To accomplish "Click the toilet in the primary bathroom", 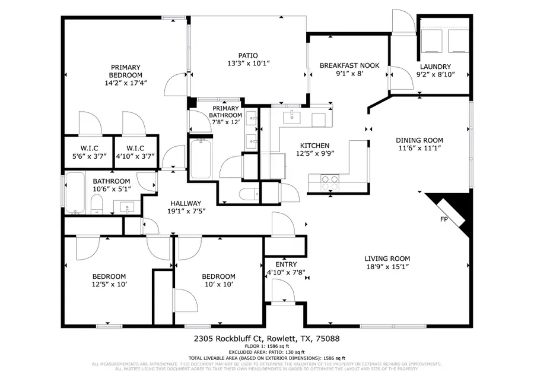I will (249, 193).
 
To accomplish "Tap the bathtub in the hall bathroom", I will (75, 193).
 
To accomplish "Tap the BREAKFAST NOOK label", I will (341, 65).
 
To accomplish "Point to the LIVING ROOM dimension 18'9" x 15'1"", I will (387, 267).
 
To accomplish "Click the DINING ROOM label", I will (419, 140).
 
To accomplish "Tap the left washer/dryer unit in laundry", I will (431, 41).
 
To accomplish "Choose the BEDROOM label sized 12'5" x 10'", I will (109, 276).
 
